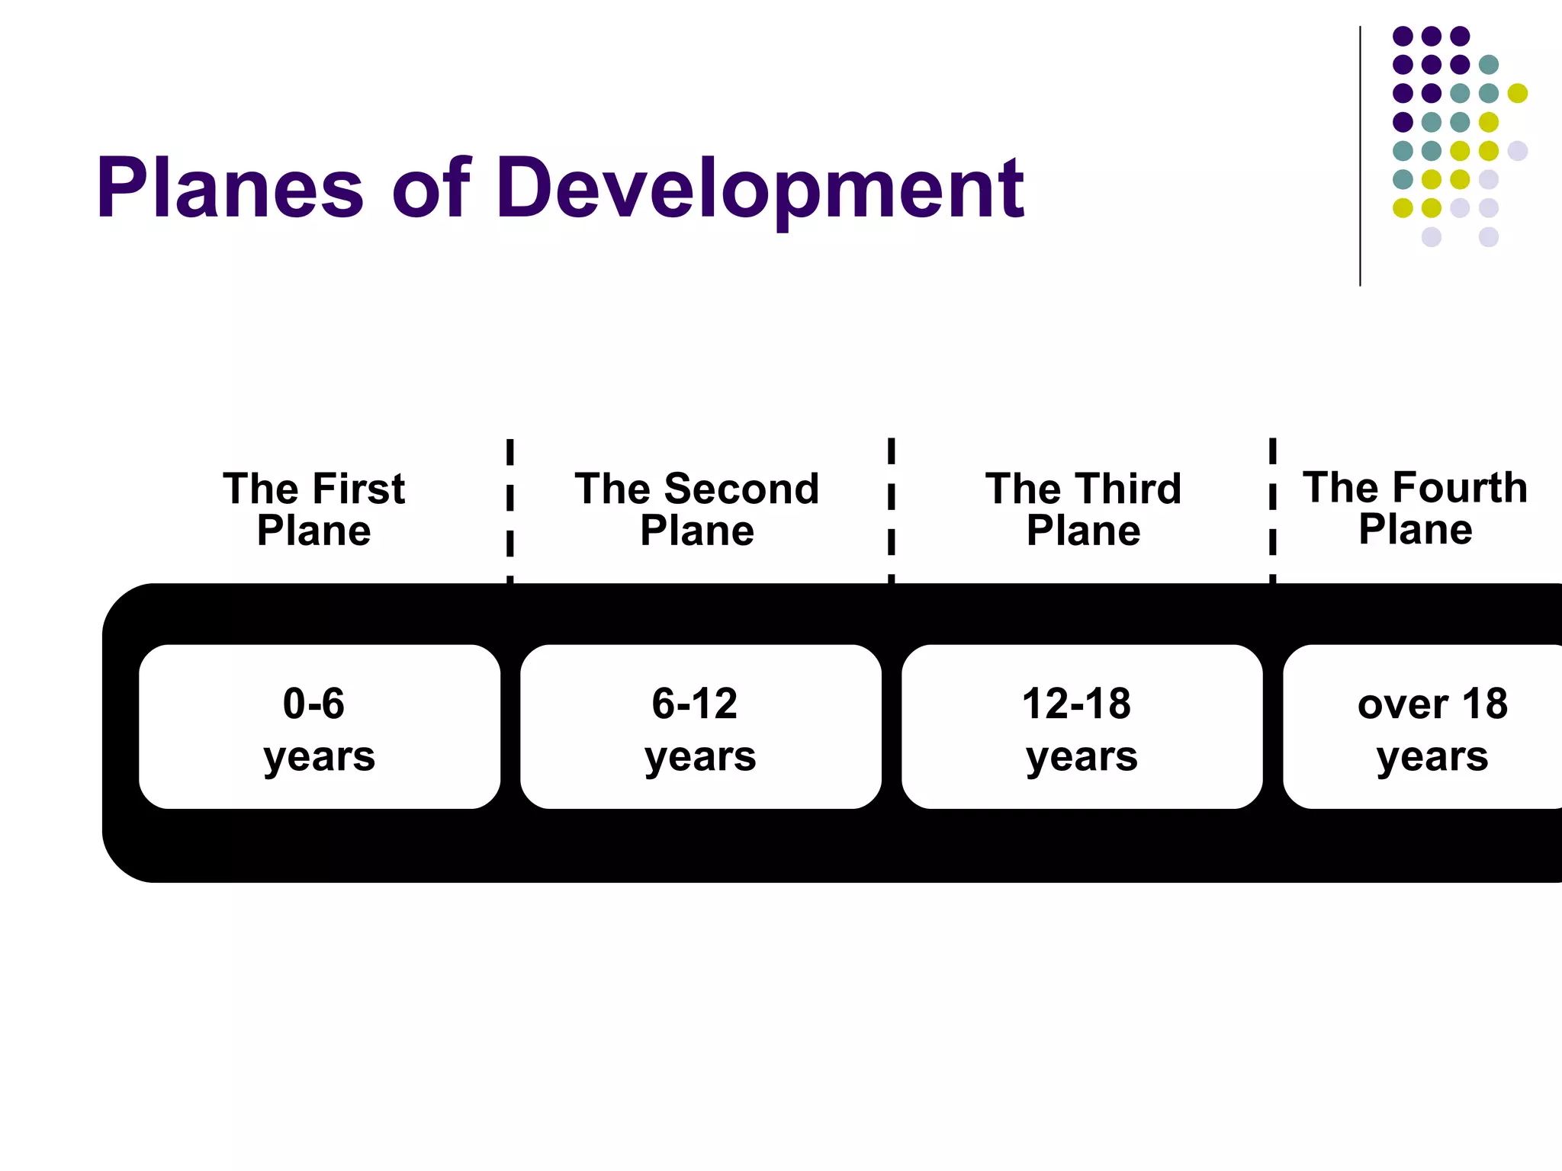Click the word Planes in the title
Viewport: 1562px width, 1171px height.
tap(229, 188)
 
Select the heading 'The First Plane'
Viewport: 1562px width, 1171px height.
tap(313, 509)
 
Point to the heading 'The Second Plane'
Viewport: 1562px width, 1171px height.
tap(697, 509)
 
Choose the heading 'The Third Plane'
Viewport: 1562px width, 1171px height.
tap(1083, 509)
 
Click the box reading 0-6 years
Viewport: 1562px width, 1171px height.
tap(320, 727)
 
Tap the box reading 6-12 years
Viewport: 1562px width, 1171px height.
tap(700, 727)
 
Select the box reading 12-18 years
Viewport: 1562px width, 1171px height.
tap(1082, 727)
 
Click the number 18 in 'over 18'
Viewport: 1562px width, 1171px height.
tap(1484, 704)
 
